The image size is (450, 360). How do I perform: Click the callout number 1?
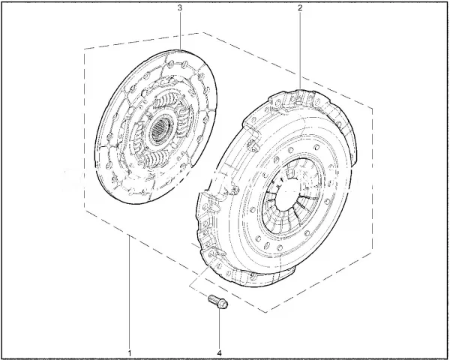coord(130,352)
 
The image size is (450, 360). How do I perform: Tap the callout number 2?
coord(300,7)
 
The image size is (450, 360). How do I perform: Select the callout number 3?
coord(180,7)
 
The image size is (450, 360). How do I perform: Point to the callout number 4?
coord(220,352)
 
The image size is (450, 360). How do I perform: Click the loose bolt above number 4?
coord(218,301)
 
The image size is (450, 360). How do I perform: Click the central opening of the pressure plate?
coord(289,195)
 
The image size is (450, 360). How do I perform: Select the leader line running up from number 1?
coord(130,292)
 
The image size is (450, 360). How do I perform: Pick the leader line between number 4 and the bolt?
coord(220,328)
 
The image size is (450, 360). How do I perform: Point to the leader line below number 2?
coord(300,50)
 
